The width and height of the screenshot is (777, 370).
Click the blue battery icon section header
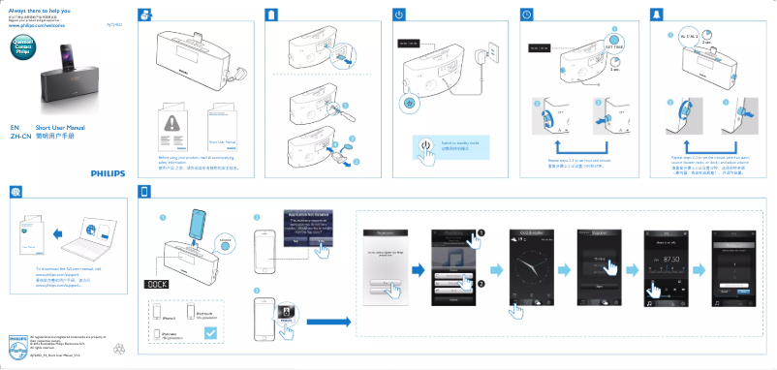point(273,15)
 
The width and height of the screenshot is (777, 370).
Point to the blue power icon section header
point(399,15)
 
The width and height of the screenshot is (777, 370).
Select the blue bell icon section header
point(652,15)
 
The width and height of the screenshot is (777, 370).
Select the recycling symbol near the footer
point(119,347)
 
